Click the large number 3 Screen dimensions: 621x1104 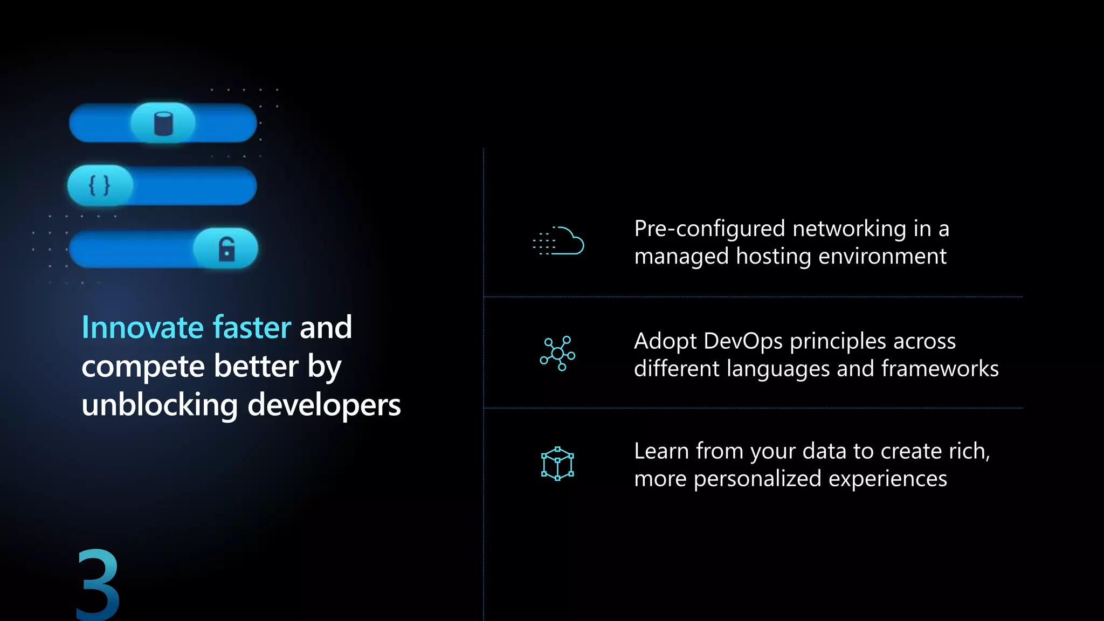point(98,584)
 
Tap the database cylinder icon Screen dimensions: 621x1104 point(163,123)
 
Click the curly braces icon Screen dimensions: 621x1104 point(99,185)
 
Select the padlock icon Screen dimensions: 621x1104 point(226,249)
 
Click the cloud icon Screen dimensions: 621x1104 point(559,241)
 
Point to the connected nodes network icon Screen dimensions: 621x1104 point(558,354)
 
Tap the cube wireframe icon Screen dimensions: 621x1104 point(557,464)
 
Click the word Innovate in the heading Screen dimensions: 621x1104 point(142,327)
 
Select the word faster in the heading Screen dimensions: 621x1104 point(252,327)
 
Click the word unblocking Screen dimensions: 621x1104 point(160,405)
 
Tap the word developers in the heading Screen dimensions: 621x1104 point(324,405)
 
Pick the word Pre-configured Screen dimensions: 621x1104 point(709,229)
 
